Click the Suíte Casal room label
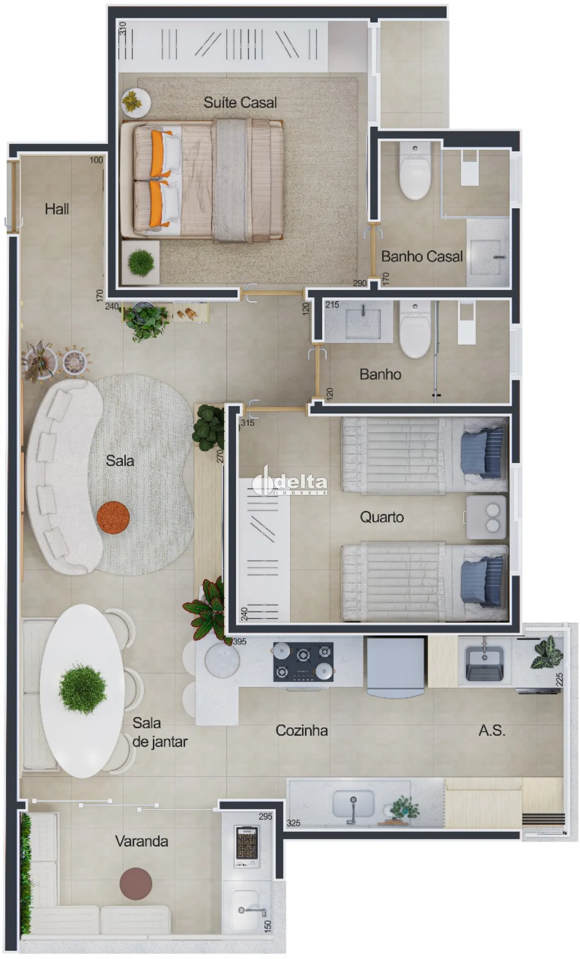point(240,102)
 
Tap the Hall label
point(57,209)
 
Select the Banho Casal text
point(422,256)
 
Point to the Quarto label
point(382,517)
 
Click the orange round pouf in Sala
point(113,517)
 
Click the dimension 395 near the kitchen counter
point(239,642)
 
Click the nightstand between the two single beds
point(486,517)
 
